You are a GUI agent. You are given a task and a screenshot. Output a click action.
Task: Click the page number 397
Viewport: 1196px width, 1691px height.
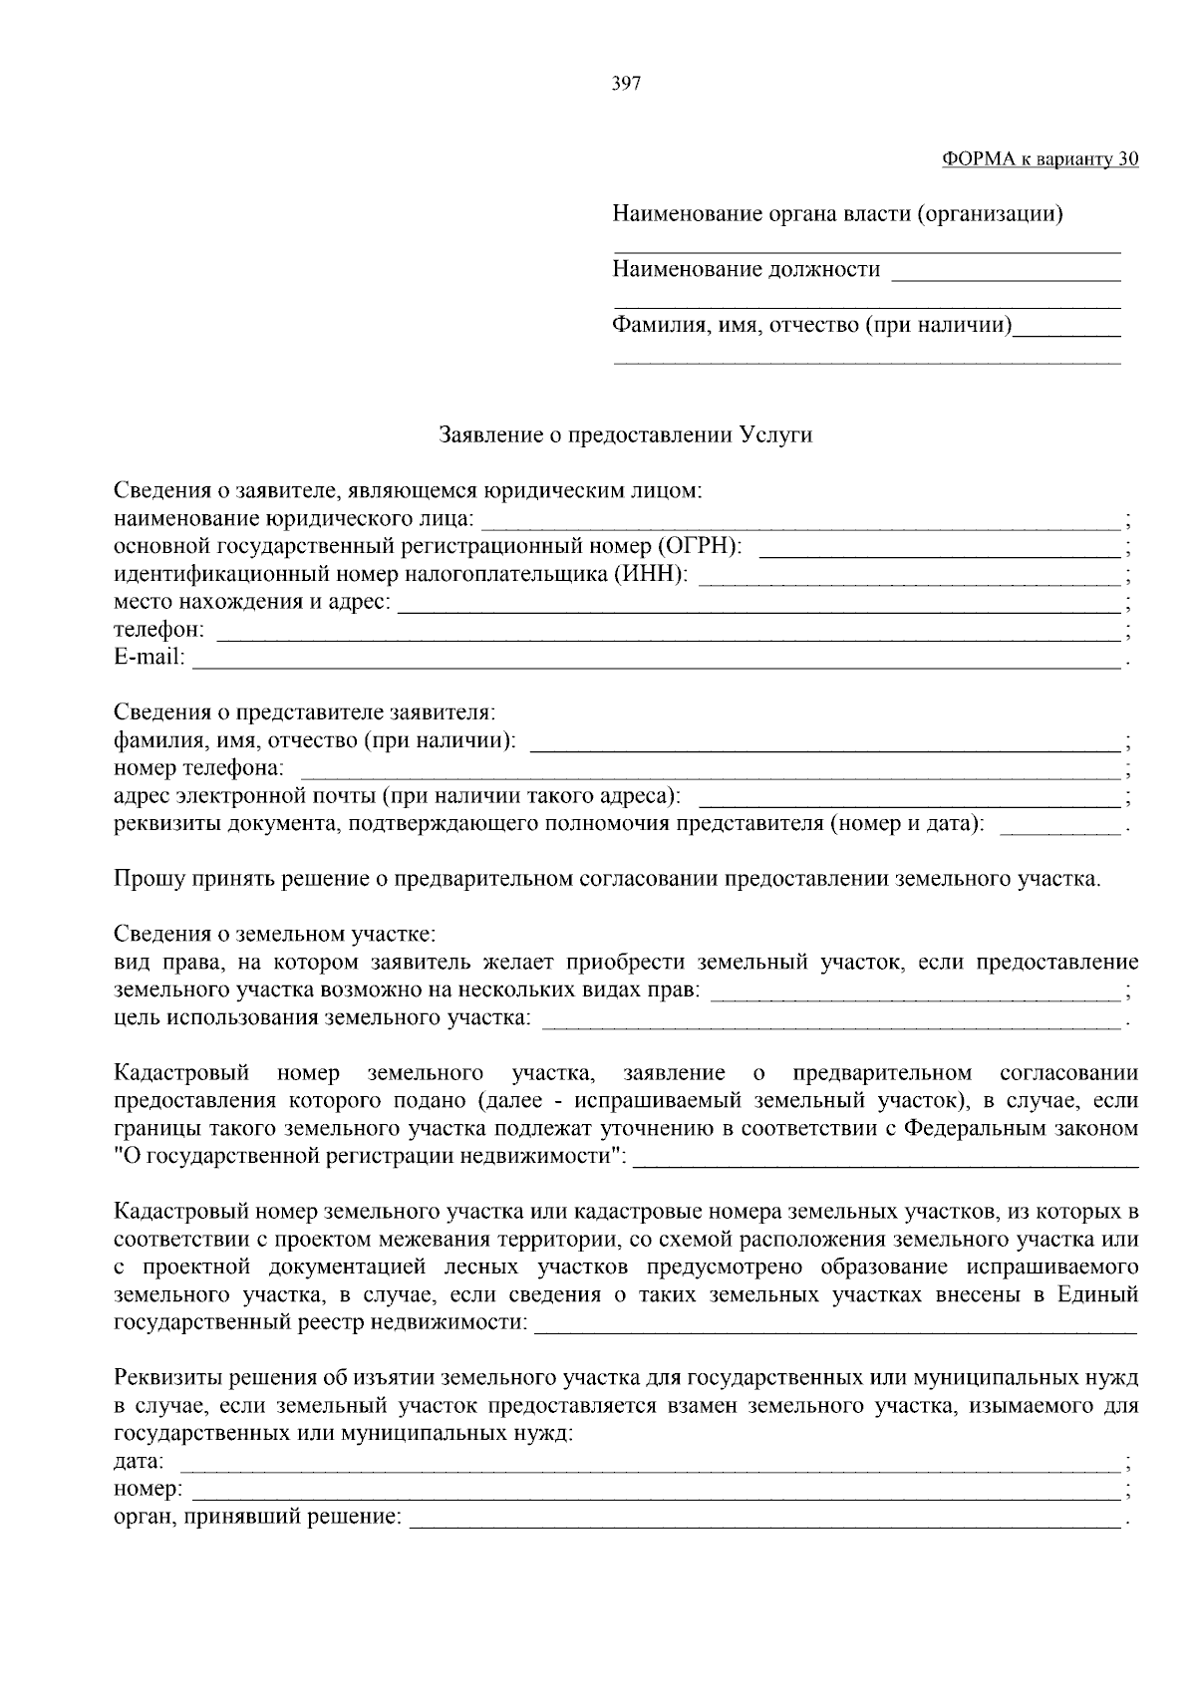click(x=626, y=84)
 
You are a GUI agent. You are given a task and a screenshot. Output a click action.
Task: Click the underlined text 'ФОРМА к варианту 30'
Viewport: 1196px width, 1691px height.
click(x=1040, y=159)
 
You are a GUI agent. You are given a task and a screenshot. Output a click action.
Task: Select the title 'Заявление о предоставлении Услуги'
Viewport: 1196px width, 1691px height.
click(x=626, y=435)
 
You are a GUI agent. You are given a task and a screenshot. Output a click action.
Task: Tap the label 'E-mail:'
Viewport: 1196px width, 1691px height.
click(x=149, y=658)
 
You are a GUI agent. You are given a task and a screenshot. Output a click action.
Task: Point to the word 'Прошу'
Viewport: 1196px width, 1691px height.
click(x=144, y=879)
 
